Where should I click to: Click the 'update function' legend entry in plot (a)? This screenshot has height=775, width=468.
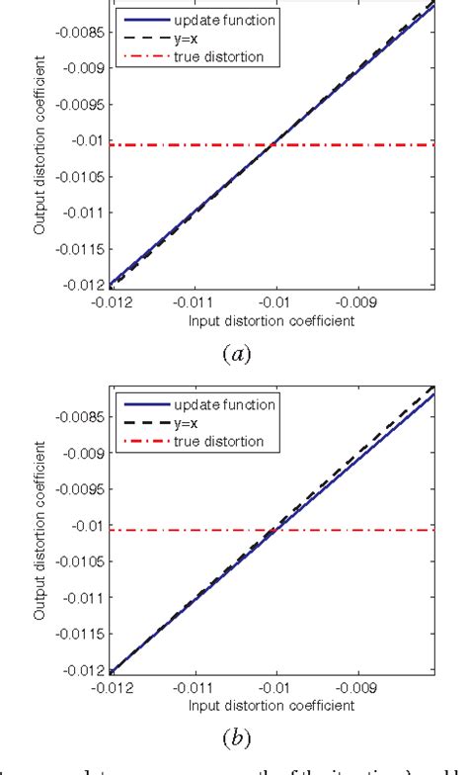coord(219,19)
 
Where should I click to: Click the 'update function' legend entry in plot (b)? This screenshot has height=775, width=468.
coord(219,404)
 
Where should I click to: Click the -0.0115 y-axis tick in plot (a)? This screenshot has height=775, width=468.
coord(75,249)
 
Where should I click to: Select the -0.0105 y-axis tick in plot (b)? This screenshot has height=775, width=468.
coord(75,562)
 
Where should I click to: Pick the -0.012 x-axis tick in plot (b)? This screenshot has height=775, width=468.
coord(109,690)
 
